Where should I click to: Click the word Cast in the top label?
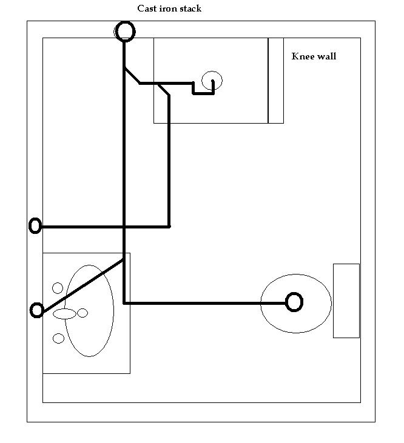pos(147,8)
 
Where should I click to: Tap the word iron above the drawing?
pos(168,8)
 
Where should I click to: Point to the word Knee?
pos(303,56)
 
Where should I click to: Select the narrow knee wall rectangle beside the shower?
pos(275,81)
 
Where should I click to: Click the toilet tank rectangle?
pos(346,301)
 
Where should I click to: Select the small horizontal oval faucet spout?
pos(65,313)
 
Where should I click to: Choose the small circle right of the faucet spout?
pos(82,313)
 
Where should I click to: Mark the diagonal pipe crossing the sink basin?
pos(82,285)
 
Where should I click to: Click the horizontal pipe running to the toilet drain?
pos(204,303)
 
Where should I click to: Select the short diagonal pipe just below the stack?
pos(132,75)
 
